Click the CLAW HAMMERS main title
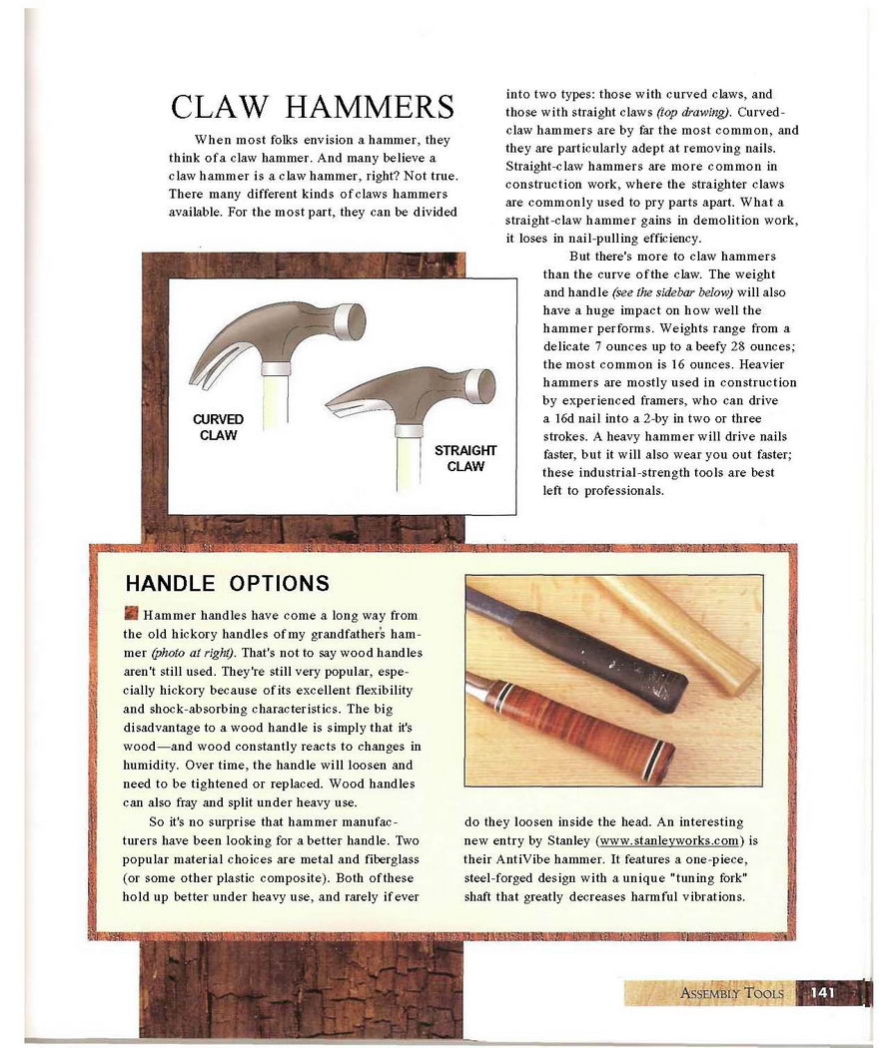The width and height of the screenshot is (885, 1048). pos(313,107)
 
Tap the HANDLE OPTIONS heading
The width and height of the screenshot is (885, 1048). pos(227,582)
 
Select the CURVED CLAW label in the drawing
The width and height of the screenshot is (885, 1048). pos(218,427)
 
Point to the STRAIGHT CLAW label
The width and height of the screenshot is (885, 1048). pos(465,458)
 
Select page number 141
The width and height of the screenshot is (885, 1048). pos(822,992)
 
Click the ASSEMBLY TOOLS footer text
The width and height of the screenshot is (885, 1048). pos(732,993)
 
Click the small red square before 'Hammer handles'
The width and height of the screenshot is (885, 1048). pos(130,613)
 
